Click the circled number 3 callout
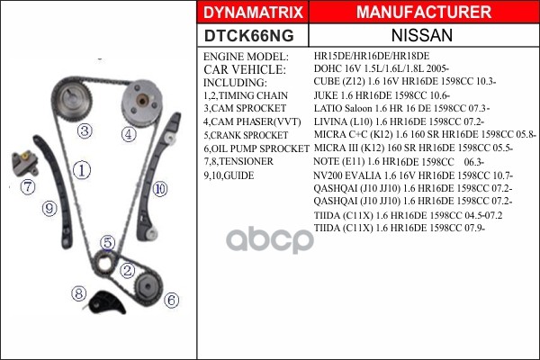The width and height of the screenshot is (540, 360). pos(85,130)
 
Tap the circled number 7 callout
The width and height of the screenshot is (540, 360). pos(28,187)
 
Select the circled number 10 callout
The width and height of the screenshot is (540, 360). pos(160,189)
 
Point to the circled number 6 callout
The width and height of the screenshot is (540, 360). pos(172,301)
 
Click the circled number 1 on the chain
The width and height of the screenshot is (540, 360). pos(82,170)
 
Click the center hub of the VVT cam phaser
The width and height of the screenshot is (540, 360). pos(142,101)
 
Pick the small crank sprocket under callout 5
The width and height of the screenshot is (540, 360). pos(104,264)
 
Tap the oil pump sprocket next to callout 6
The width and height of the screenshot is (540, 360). pos(148,286)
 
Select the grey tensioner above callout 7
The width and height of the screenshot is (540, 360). pos(24,163)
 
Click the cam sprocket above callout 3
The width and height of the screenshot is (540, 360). pos(72,99)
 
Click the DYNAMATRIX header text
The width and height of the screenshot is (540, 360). pos(253,13)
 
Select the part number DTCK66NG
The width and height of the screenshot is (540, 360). pos(248,35)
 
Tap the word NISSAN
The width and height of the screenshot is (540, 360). pos(422,35)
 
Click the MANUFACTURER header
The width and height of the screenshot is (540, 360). pos(424,12)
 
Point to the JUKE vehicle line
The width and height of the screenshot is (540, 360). pos(382,95)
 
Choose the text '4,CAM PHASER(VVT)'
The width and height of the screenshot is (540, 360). pos(252,122)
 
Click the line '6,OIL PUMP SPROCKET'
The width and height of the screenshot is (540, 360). pos(256,148)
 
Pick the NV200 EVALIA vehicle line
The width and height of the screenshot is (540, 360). pos(413,175)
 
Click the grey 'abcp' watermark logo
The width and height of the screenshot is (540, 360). pos(270,239)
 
